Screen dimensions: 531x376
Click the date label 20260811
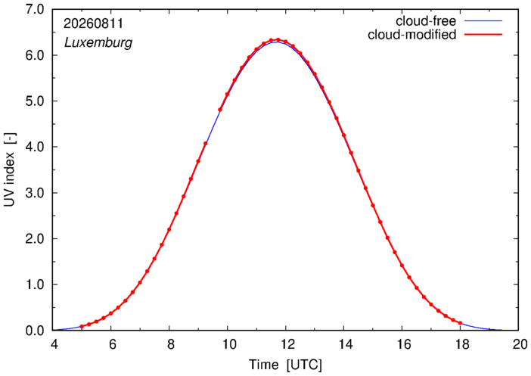94,23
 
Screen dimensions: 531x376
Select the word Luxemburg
98,43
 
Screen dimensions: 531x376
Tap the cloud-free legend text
426,21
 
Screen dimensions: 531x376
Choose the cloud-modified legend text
411,35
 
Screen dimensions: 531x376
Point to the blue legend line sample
483,21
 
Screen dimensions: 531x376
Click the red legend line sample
483,35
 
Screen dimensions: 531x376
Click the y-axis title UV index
10,170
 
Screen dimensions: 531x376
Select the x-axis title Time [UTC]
285,365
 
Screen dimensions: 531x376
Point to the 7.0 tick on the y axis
35,10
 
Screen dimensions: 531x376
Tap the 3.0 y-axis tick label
35,193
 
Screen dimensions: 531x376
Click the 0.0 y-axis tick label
35,331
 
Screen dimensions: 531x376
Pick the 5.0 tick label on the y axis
35,101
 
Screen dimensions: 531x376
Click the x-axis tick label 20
520,344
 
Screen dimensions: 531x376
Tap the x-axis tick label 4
54,344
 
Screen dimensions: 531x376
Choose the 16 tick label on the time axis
403,344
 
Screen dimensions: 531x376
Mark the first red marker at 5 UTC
82,327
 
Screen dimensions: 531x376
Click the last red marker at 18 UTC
460,323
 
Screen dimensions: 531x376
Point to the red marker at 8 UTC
169,230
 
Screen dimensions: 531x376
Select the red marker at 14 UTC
343,135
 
